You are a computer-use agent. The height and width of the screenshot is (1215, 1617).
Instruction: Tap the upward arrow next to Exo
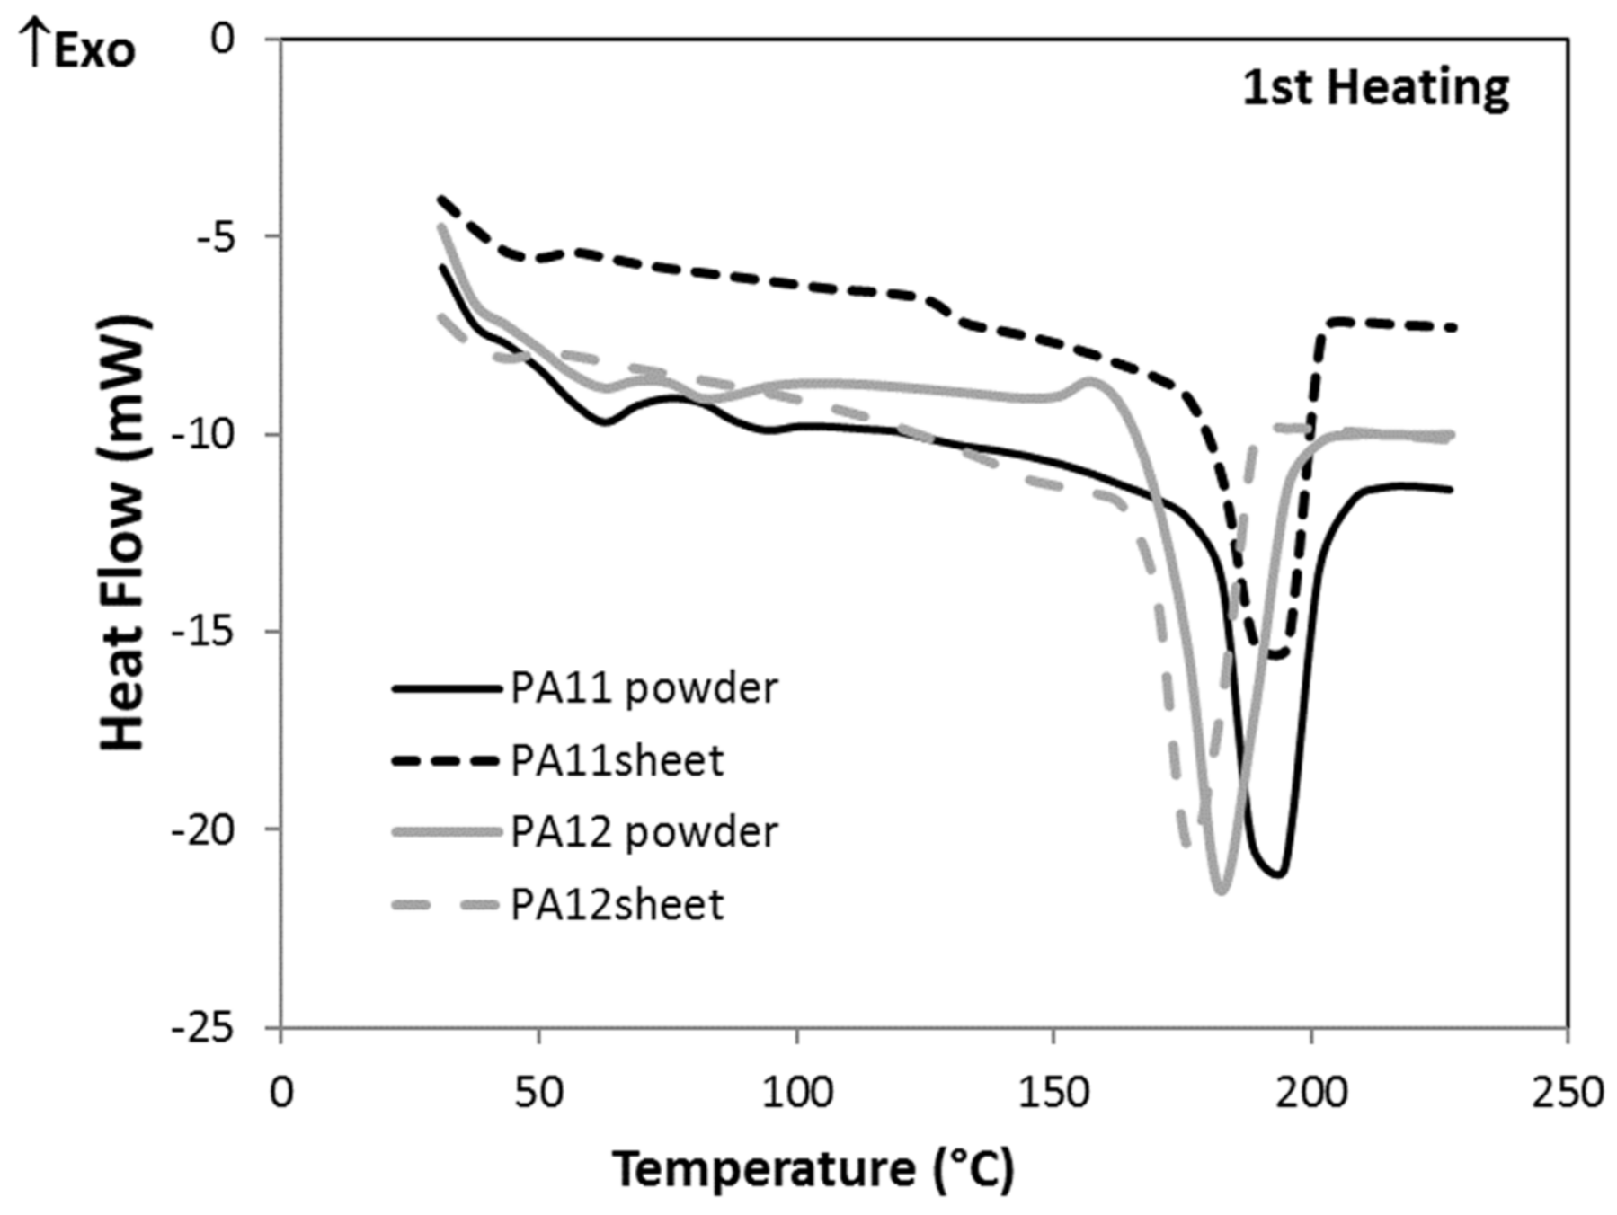coord(33,45)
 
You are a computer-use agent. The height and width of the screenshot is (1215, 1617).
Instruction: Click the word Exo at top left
coord(94,51)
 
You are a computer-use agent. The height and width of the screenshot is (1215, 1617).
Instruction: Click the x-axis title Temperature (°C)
coord(813,1169)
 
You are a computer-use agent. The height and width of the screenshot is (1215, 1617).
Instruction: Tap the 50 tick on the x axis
coord(538,1093)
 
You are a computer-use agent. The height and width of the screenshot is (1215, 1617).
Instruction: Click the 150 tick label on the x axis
coord(1053,1093)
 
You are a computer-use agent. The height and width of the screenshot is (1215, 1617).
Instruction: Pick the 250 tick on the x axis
coord(1568,1093)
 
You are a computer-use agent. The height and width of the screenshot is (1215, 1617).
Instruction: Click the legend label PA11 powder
coord(644,689)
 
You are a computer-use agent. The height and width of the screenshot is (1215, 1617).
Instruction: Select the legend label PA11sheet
coord(617,761)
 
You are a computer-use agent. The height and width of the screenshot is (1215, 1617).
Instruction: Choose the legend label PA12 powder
coord(644,832)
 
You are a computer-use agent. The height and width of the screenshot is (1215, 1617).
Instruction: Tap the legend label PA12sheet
coord(617,904)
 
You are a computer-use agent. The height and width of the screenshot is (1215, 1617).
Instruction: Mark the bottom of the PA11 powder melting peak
coord(1276,874)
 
